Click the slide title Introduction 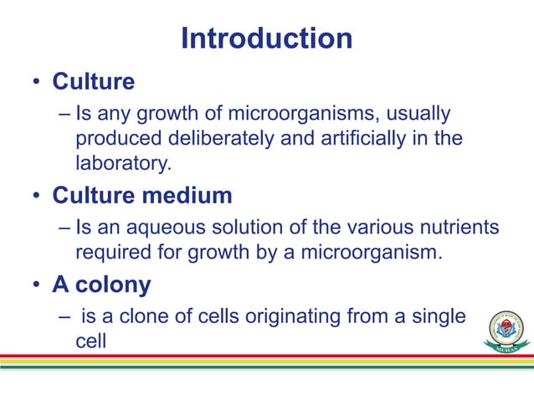266,38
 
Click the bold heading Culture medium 142,197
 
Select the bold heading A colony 101,285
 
